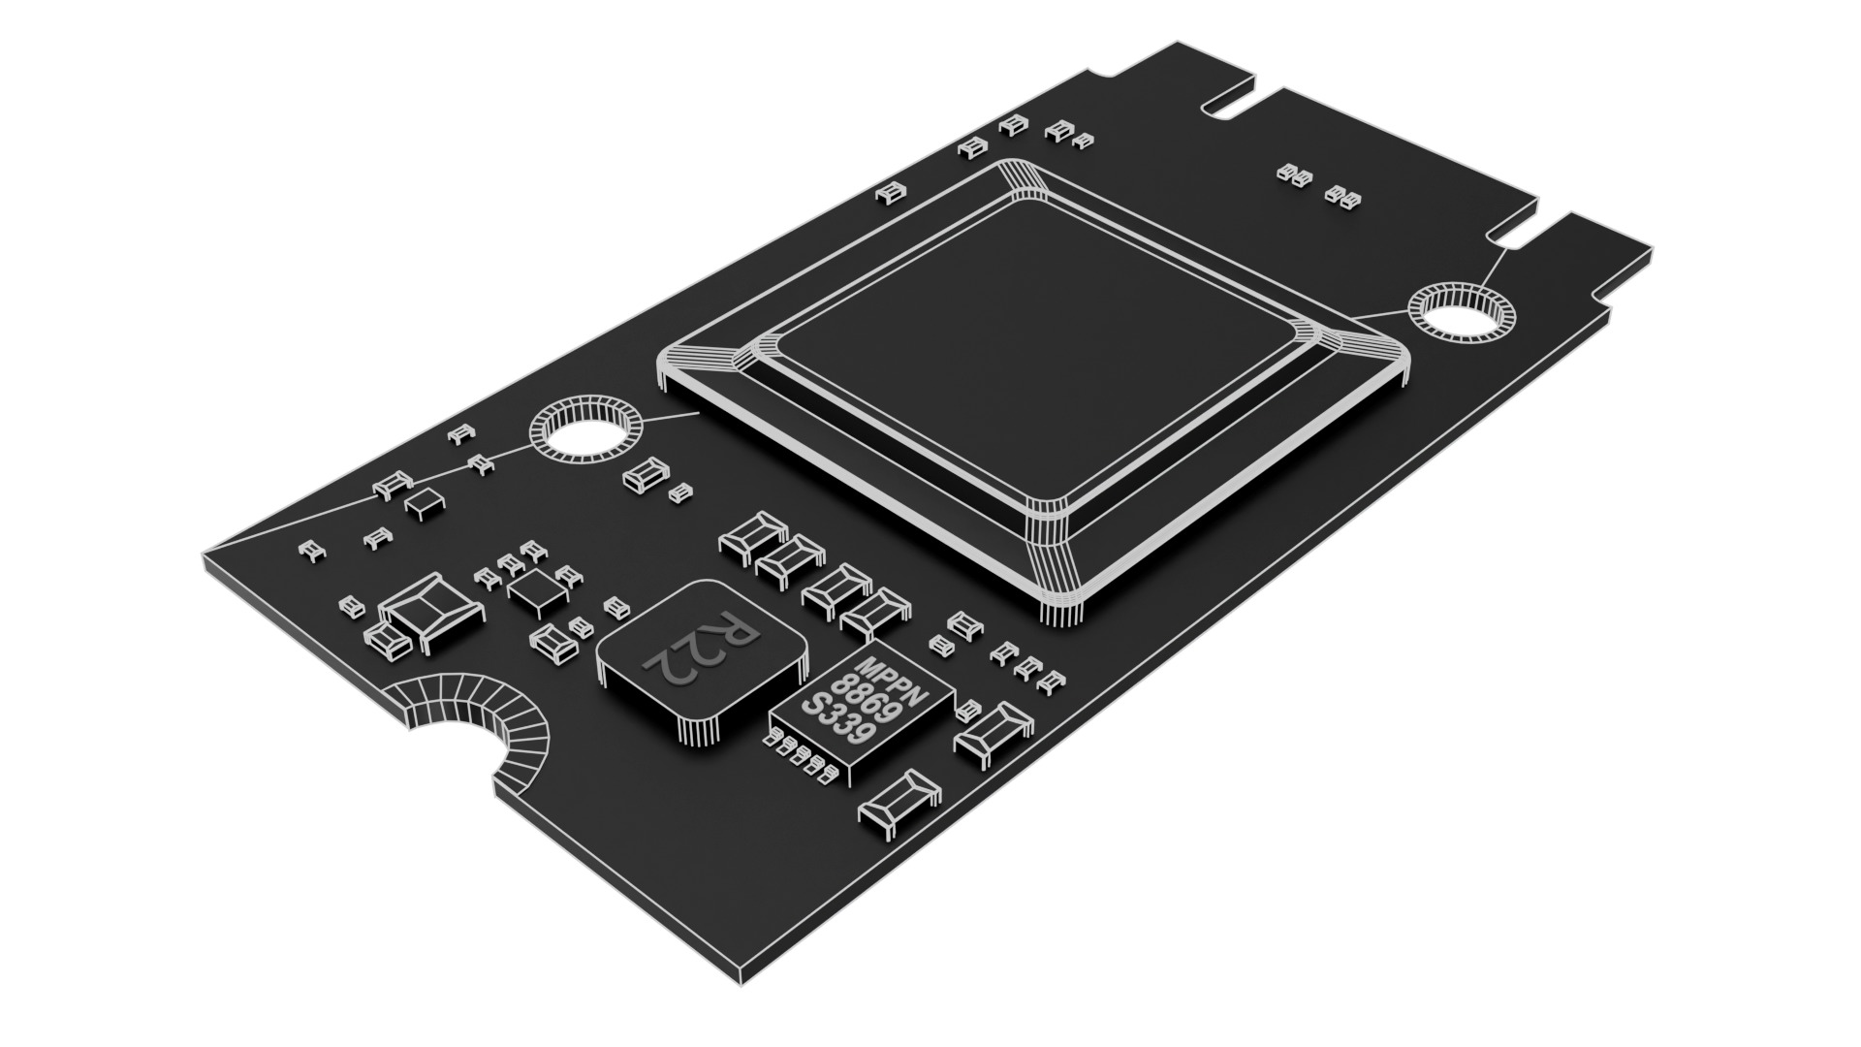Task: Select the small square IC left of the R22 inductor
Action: pos(532,589)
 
